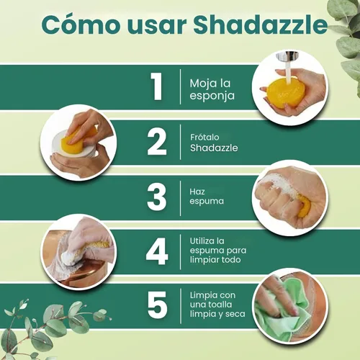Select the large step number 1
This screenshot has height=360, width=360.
point(157,86)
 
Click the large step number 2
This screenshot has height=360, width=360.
point(157,142)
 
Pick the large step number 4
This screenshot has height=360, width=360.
point(157,251)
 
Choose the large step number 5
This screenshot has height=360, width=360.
point(157,305)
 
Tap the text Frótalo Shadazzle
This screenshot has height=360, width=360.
point(215,142)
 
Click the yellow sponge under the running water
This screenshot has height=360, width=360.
point(282,92)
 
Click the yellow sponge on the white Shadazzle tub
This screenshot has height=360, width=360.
point(75,143)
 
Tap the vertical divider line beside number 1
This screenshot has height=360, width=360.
point(180,86)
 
